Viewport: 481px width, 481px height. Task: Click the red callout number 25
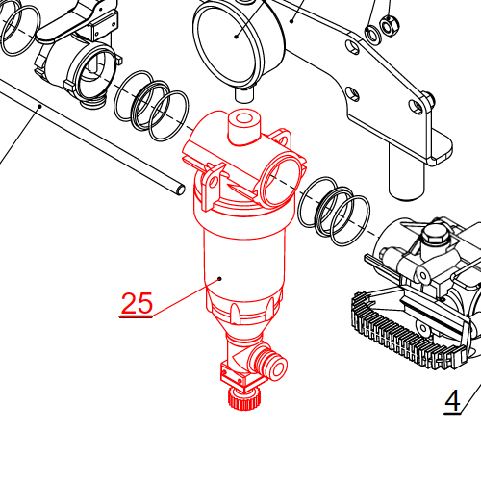137,303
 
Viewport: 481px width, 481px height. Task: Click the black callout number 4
452,401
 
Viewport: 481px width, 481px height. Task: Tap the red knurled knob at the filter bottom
243,398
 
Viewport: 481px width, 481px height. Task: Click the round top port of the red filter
244,127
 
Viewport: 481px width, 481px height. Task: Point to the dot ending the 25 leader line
220,278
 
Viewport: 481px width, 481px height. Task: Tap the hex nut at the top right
387,25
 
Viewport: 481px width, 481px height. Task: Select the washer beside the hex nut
372,34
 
